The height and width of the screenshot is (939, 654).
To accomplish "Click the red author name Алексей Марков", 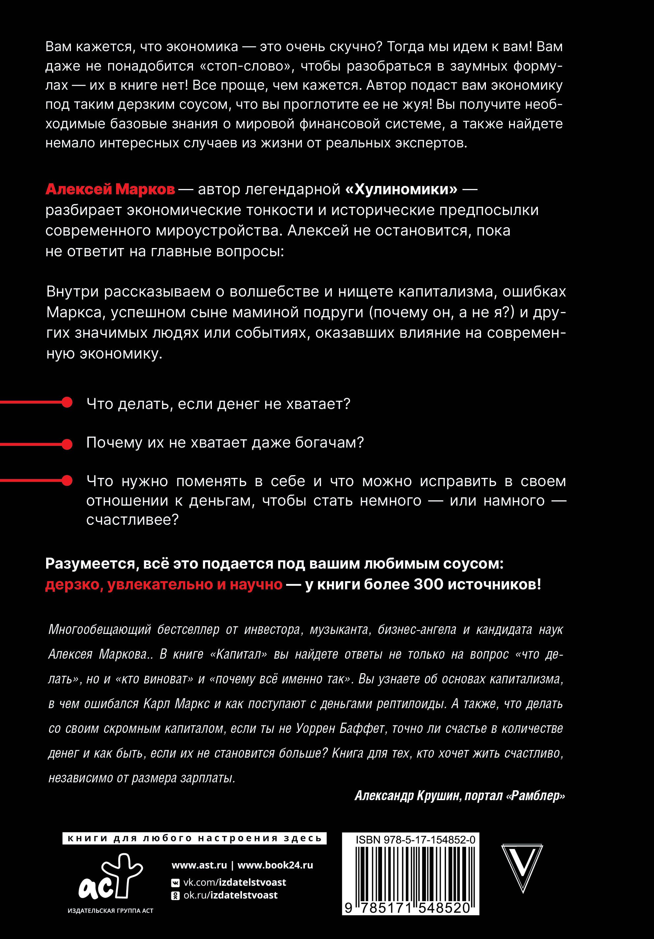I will pos(110,189).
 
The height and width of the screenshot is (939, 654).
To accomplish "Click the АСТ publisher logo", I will pos(110,876).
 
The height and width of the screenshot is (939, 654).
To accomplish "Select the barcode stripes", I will pos(410,873).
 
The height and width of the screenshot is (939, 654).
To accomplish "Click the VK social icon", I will pos(175,883).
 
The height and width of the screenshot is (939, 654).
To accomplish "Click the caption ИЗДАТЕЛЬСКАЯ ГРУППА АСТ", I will pos(110,910).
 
